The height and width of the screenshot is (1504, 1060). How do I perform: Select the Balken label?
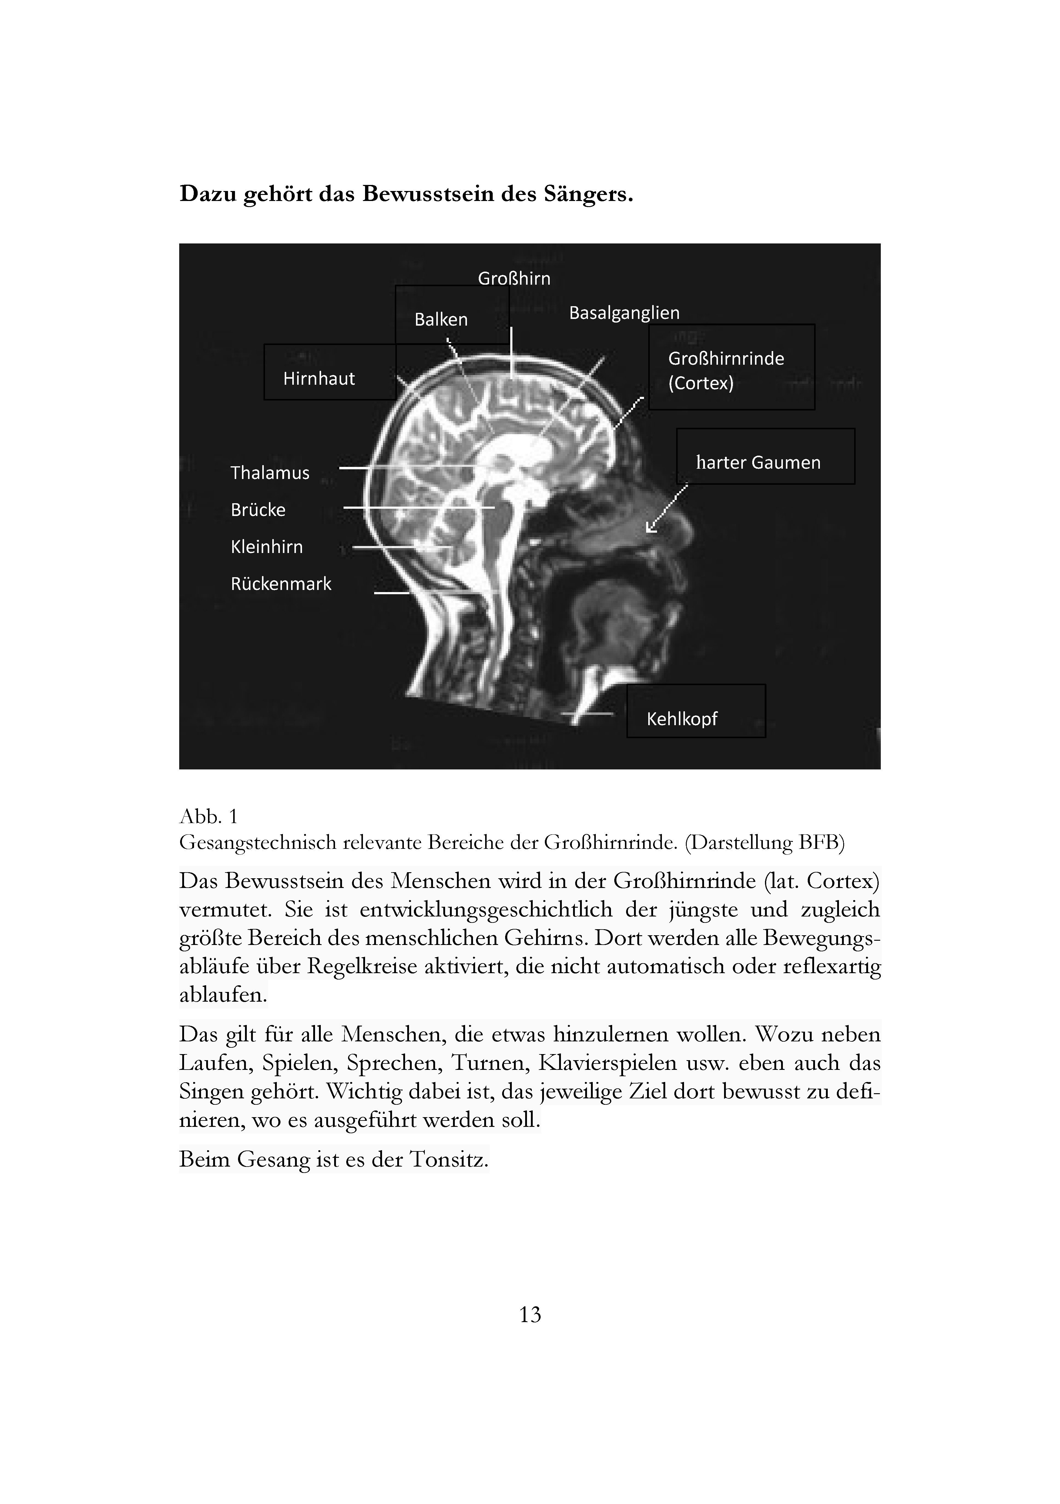[441, 320]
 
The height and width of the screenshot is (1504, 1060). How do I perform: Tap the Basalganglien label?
[624, 313]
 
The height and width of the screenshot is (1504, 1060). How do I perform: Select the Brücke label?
[258, 510]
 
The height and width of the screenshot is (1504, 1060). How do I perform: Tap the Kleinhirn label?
[267, 547]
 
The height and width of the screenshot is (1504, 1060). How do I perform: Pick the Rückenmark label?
[281, 584]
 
